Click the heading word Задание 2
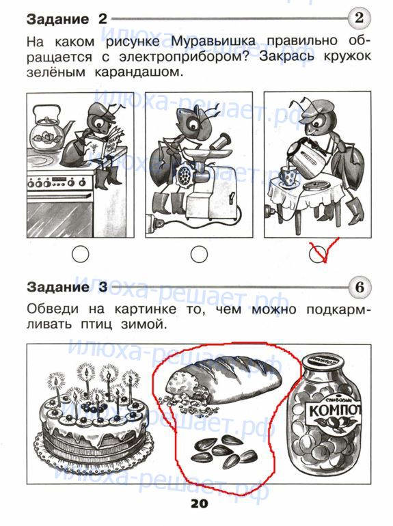[67, 19]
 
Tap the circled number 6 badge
[360, 288]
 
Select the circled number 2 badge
[360, 18]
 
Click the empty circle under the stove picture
[80, 254]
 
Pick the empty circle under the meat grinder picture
[199, 254]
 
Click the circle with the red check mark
[318, 254]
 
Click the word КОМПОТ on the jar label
[334, 411]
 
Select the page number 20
[200, 503]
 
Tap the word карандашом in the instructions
[139, 72]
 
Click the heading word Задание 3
[67, 288]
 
